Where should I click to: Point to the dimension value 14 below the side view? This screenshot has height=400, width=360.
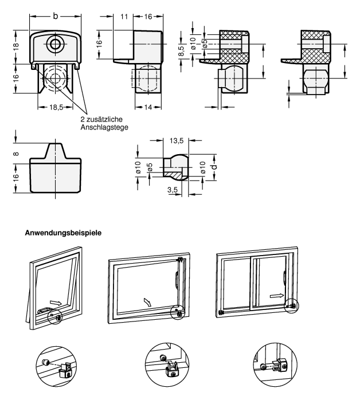pyautogui.click(x=148, y=107)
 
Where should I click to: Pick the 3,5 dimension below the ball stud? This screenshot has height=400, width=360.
pyautogui.click(x=171, y=189)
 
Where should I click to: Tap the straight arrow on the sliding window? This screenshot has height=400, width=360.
pyautogui.click(x=276, y=296)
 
